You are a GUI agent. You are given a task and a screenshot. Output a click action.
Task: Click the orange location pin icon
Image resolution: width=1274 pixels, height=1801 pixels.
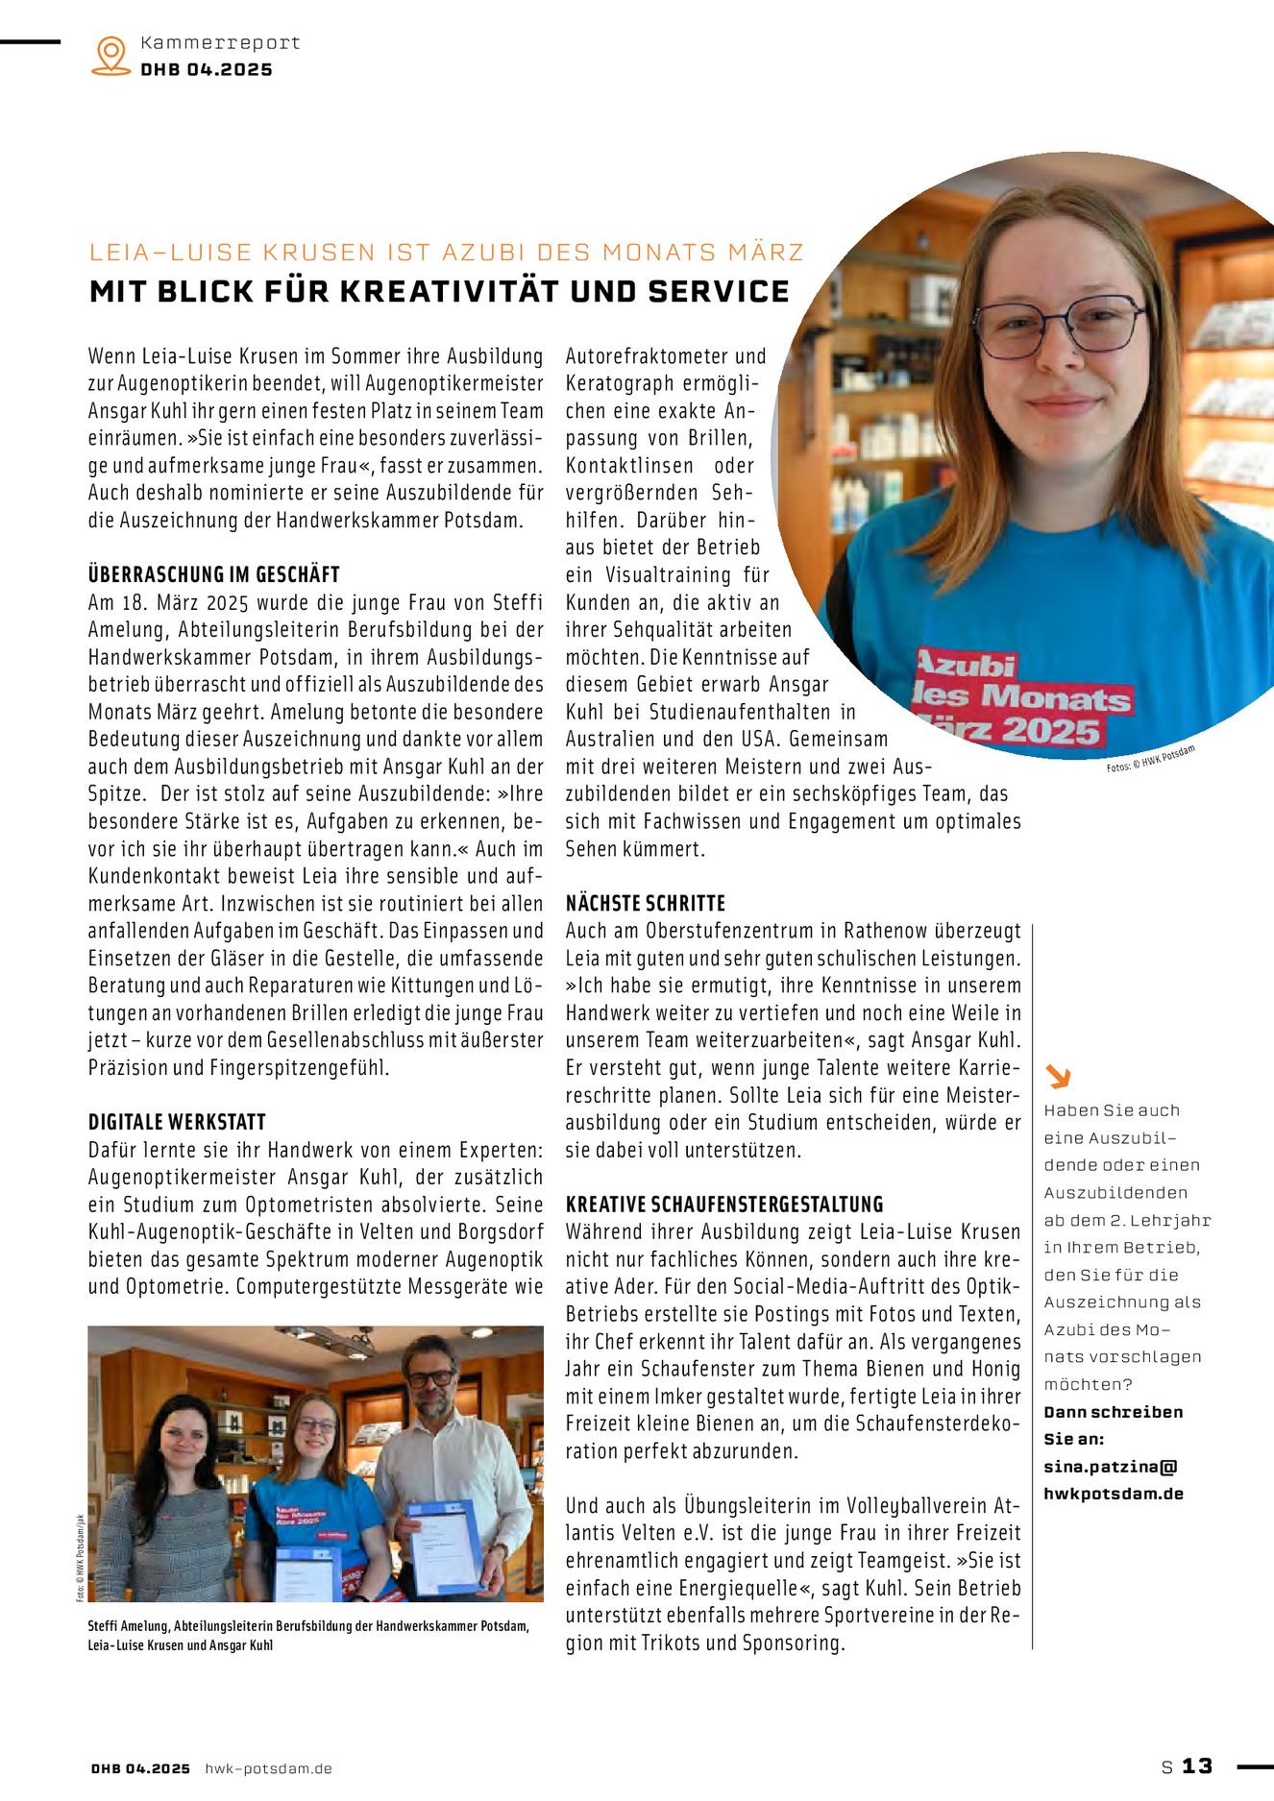[x=111, y=55]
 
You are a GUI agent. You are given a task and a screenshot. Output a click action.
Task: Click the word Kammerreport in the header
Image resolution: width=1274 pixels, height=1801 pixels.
[x=220, y=42]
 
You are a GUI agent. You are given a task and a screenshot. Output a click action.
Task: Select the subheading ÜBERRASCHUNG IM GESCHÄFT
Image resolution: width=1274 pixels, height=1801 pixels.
[x=213, y=574]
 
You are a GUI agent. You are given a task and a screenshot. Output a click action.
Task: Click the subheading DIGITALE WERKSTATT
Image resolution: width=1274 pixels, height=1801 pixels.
[x=177, y=1122]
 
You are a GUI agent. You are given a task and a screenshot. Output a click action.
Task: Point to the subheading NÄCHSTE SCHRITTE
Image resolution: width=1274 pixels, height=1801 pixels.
[x=645, y=903]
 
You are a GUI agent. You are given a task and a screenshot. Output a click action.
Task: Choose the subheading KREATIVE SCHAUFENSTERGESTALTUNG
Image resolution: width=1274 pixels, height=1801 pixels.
[x=723, y=1205]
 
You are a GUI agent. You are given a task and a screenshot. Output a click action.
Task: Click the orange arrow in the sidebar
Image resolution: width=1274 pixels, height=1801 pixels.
[x=1058, y=1076]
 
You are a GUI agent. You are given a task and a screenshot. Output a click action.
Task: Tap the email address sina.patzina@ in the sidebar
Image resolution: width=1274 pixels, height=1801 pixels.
[x=1110, y=1467]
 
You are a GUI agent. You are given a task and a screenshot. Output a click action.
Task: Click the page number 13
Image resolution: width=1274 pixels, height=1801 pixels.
[x=1197, y=1766]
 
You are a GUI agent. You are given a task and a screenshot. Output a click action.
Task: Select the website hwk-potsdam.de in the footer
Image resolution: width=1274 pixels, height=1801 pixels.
[x=268, y=1768]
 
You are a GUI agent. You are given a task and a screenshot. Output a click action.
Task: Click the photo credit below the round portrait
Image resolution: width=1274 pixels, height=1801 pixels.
[x=1150, y=758]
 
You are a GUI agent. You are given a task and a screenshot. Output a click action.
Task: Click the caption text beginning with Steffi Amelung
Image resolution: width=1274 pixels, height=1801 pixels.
[x=307, y=1635]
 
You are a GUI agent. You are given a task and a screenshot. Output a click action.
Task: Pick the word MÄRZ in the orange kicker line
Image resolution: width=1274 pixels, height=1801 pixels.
[x=765, y=253]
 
